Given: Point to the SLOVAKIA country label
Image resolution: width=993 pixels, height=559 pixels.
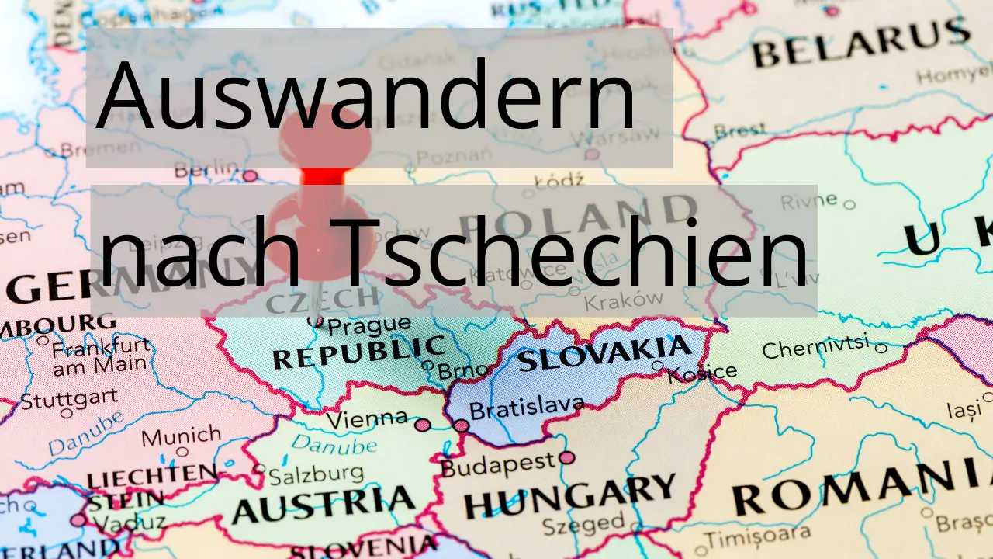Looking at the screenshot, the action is (x=604, y=353).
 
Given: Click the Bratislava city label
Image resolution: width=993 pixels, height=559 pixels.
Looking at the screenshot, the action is (x=527, y=407).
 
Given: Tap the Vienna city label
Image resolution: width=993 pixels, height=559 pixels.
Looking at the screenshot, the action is (x=366, y=418).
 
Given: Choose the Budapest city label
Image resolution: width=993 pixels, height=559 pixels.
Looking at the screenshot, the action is (x=498, y=465).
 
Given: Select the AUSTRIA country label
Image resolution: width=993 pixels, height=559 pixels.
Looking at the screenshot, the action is (x=324, y=505).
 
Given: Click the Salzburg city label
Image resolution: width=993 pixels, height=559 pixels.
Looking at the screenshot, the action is (x=316, y=472).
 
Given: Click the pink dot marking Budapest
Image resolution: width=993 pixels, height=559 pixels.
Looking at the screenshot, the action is (x=567, y=458).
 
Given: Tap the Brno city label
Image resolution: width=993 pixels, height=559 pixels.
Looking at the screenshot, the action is (x=463, y=370).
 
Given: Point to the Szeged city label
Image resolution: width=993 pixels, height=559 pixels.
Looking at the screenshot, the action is (x=583, y=525).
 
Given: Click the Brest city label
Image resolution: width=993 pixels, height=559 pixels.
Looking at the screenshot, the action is (x=740, y=130).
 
